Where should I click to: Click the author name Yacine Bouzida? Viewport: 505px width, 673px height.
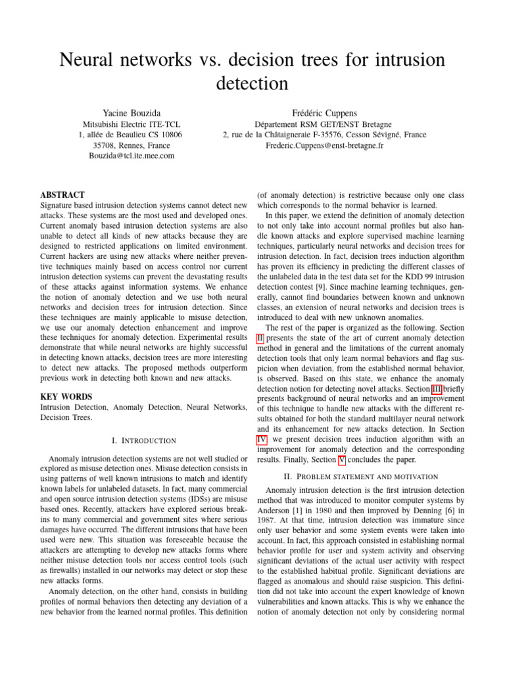[x=131, y=114]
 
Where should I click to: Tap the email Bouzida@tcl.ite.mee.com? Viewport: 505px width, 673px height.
[x=132, y=156]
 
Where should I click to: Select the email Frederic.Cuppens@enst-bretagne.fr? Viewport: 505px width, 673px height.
[x=324, y=145]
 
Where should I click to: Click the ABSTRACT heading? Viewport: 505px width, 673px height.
[x=62, y=195]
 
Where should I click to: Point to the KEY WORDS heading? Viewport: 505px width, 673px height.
[x=66, y=397]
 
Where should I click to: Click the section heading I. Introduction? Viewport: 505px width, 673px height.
[x=143, y=440]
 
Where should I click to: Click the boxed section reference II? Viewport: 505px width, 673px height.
[x=260, y=338]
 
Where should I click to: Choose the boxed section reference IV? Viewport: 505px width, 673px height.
[x=261, y=439]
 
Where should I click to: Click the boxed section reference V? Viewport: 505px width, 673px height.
[x=341, y=460]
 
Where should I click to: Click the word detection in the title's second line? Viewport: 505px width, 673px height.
[x=252, y=84]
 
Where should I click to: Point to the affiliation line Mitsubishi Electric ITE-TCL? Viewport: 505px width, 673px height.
[x=131, y=124]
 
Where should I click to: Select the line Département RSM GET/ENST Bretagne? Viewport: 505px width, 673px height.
[x=324, y=124]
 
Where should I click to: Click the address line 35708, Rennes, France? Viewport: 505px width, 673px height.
[x=131, y=145]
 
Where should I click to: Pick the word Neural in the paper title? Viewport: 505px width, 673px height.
[x=91, y=60]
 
